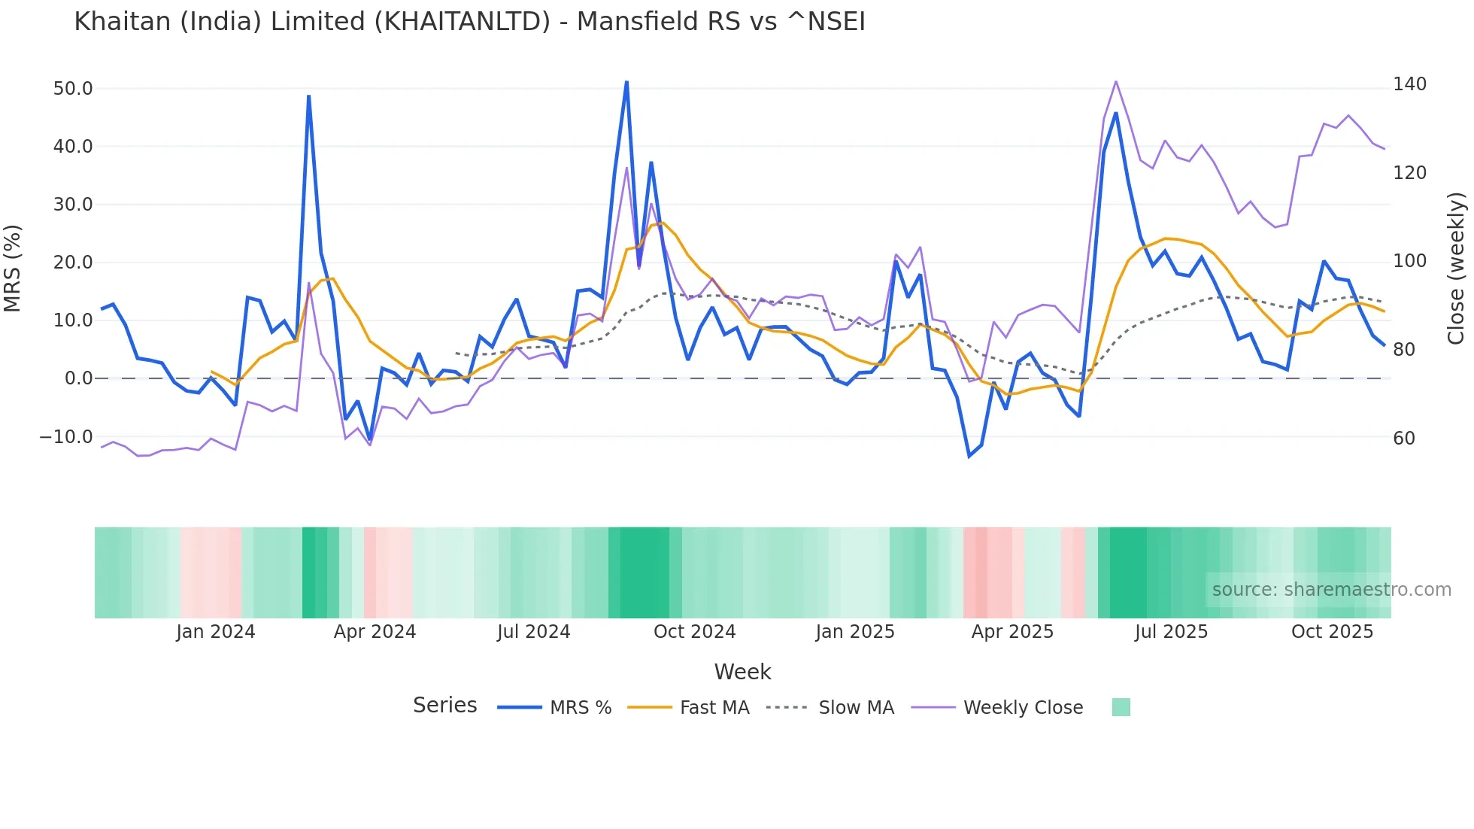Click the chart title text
(x=469, y=22)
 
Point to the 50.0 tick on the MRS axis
(x=73, y=89)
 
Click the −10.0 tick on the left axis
(x=66, y=437)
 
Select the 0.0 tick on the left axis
(x=78, y=378)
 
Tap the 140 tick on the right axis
(x=1409, y=84)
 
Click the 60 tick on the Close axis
(x=1403, y=439)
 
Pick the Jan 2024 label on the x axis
(x=216, y=632)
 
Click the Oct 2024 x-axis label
(x=694, y=632)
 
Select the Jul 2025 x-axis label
(x=1171, y=632)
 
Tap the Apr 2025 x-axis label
(x=1012, y=632)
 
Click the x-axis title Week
(x=742, y=672)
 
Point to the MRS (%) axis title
(x=13, y=268)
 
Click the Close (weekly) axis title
(x=1457, y=268)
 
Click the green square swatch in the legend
(x=1121, y=707)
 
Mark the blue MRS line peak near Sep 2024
(x=626, y=82)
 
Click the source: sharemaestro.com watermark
(x=1331, y=590)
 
